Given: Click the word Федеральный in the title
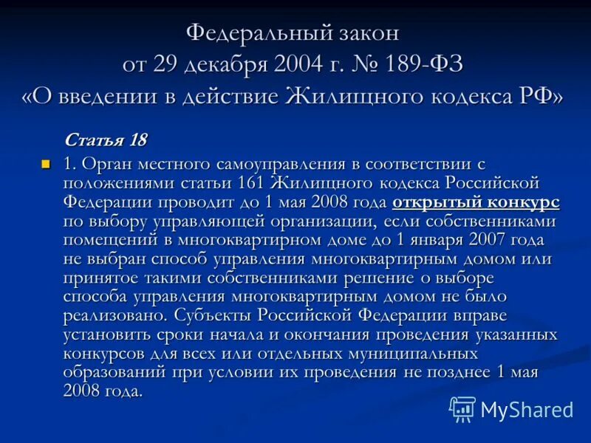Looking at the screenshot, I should coord(253,33).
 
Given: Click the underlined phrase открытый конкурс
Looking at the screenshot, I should coord(476,202).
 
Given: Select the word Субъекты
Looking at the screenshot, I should coord(216,315).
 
